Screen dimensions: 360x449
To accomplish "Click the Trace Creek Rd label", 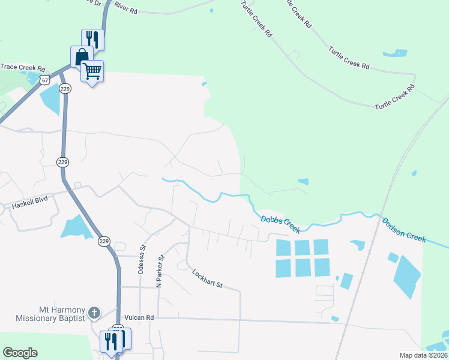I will tap(23, 68).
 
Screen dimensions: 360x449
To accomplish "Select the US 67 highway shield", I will tap(43, 79).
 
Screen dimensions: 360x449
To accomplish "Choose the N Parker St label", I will tap(160, 271).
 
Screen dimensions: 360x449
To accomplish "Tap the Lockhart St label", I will tap(208, 278).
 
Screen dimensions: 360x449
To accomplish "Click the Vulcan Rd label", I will tap(139, 317).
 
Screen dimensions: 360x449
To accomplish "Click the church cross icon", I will tap(94, 312).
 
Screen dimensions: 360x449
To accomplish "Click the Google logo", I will tap(20, 353).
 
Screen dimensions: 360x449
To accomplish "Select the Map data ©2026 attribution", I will tap(423, 355).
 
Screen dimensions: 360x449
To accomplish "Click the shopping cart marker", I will tap(92, 71).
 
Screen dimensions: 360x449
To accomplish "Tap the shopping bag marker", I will tap(81, 58).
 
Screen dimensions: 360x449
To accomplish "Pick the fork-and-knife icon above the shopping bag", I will tap(92, 40).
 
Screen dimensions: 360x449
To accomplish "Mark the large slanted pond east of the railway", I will tap(407, 277).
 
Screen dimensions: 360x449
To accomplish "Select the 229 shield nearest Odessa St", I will tap(104, 241).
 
